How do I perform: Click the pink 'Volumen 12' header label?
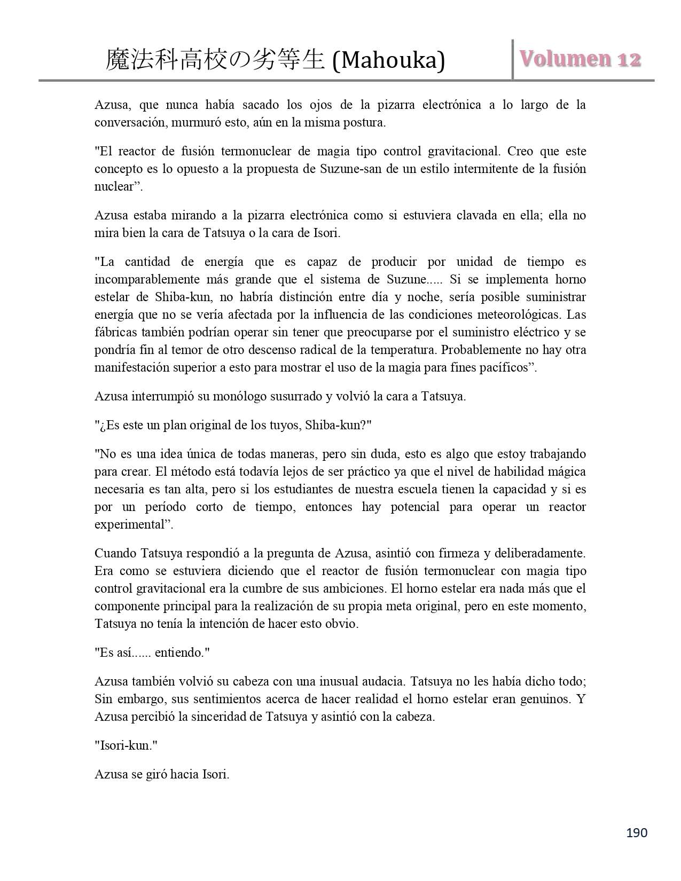coord(580,59)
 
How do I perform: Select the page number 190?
coord(636,832)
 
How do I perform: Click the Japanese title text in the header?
coord(215,59)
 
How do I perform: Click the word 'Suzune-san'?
coord(349,169)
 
